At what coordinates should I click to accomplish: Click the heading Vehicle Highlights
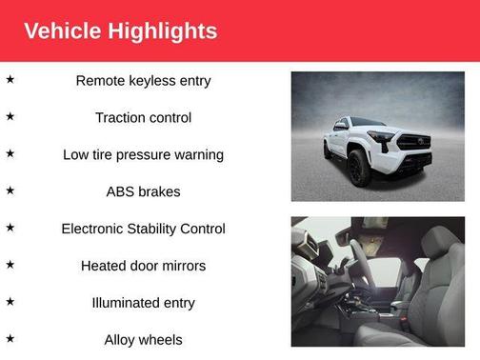point(120,30)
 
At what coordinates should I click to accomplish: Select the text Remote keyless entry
point(143,81)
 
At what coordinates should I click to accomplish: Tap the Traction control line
point(143,118)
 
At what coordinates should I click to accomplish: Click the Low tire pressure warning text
point(143,154)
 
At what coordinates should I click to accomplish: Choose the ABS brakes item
point(143,191)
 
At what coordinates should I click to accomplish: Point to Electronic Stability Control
point(143,229)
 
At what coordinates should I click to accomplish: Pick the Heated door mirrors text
point(143,266)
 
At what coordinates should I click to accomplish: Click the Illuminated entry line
point(143,303)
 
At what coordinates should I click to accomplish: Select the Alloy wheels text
point(143,339)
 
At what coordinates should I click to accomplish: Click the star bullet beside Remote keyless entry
point(10,79)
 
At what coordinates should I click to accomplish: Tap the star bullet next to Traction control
point(10,116)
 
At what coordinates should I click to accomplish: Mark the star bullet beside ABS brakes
point(10,190)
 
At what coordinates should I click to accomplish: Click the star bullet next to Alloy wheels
point(10,337)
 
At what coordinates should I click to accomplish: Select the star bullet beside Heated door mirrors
point(10,264)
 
